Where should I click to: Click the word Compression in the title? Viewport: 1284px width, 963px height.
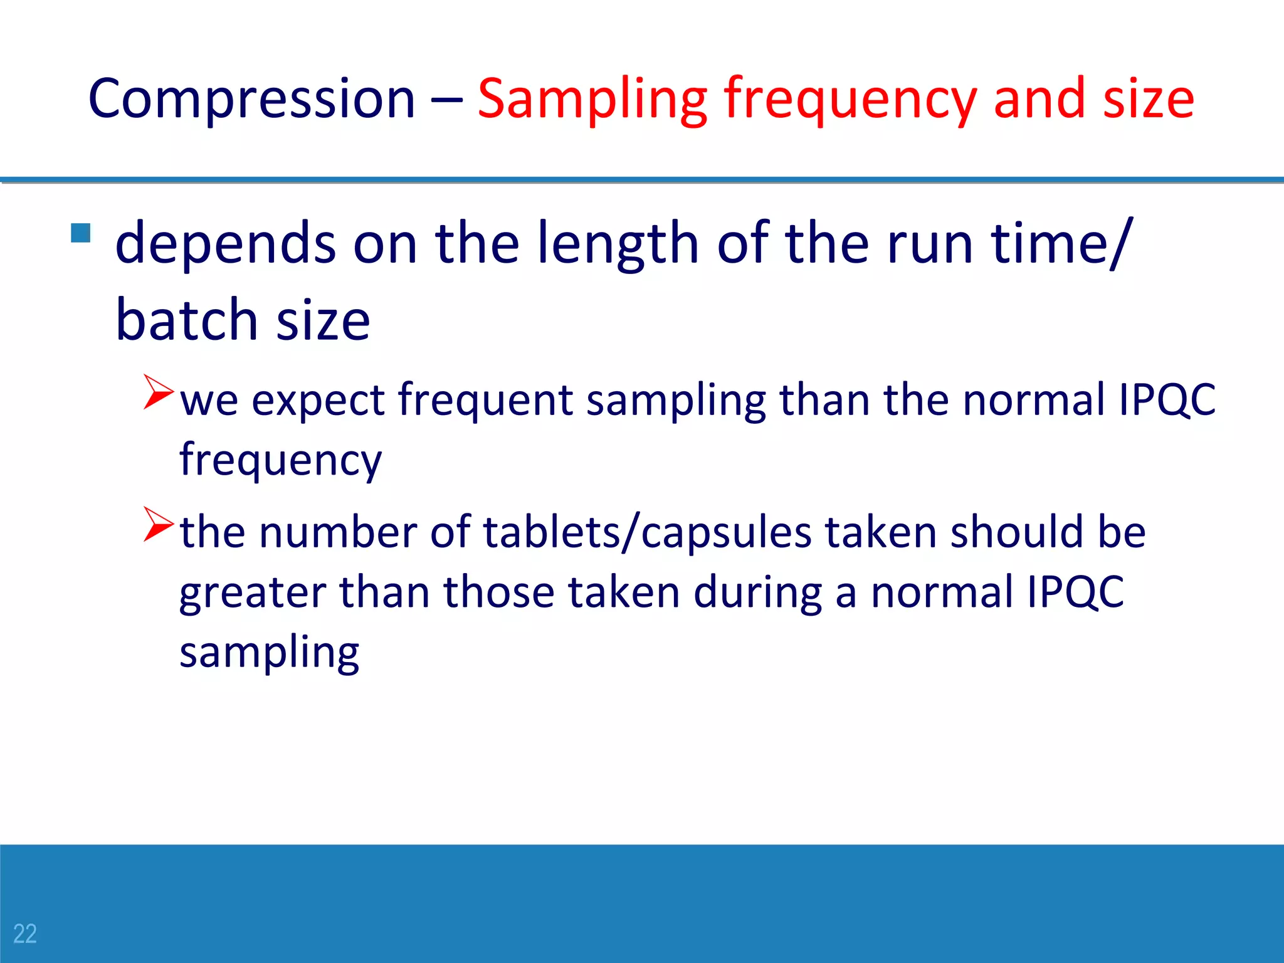[251, 99]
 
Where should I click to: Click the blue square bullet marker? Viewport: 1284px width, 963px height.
[81, 233]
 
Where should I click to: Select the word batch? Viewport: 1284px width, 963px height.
[186, 320]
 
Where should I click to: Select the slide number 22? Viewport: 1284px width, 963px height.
[25, 934]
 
